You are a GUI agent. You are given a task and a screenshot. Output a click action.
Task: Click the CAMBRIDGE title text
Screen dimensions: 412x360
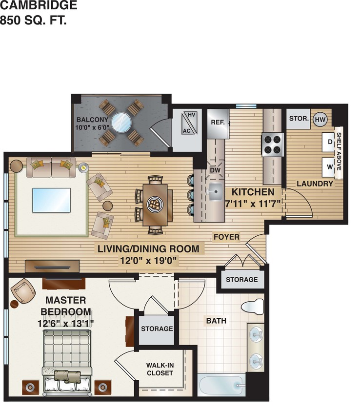[x=39, y=6]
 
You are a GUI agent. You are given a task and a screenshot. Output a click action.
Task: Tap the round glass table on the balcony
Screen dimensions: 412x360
[x=121, y=122]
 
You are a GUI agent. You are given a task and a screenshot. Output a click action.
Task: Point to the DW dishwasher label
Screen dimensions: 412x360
[x=216, y=170]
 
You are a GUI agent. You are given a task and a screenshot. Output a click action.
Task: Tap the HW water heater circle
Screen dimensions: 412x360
[x=320, y=119]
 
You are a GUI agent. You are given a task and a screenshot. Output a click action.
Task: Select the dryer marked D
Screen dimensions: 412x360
[x=330, y=142]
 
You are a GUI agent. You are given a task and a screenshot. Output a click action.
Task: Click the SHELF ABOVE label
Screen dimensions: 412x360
[x=339, y=151]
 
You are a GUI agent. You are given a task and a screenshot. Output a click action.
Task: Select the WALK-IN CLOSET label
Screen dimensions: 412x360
[x=160, y=369]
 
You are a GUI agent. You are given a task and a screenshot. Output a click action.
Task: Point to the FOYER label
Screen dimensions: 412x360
[x=226, y=237]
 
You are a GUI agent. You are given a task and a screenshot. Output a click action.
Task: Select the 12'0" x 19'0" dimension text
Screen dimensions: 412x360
[x=148, y=260]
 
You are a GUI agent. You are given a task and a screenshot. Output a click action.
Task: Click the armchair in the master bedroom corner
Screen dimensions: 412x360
[x=23, y=292]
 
